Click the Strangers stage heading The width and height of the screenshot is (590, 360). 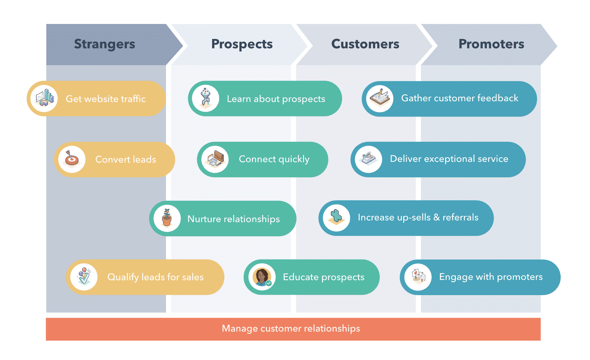tap(105, 44)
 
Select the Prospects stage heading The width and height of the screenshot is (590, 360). tap(242, 44)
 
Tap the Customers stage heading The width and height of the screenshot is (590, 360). tap(365, 44)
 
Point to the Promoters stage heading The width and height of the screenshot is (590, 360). tap(491, 44)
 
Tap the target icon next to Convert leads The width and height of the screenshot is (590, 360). tap(72, 159)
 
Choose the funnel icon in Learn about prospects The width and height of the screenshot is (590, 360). tap(206, 98)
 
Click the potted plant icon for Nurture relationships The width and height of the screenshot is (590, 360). tap(167, 218)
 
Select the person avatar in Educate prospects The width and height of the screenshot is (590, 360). tap(262, 277)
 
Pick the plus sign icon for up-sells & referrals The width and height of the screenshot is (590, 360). tap(336, 218)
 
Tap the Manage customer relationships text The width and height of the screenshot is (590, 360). tap(291, 329)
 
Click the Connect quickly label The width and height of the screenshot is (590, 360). tap(274, 159)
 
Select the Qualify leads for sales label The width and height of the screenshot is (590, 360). tap(155, 277)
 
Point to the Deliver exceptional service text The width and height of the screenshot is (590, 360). tap(449, 159)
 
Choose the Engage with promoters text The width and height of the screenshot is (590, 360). tap(491, 277)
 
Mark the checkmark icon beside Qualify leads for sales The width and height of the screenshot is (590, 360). tap(84, 277)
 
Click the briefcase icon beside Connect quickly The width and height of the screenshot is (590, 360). tap(215, 159)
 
